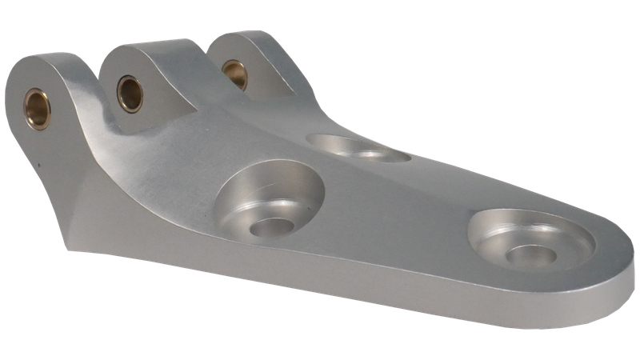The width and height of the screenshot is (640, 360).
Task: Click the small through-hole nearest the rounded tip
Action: pos(530,255)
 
